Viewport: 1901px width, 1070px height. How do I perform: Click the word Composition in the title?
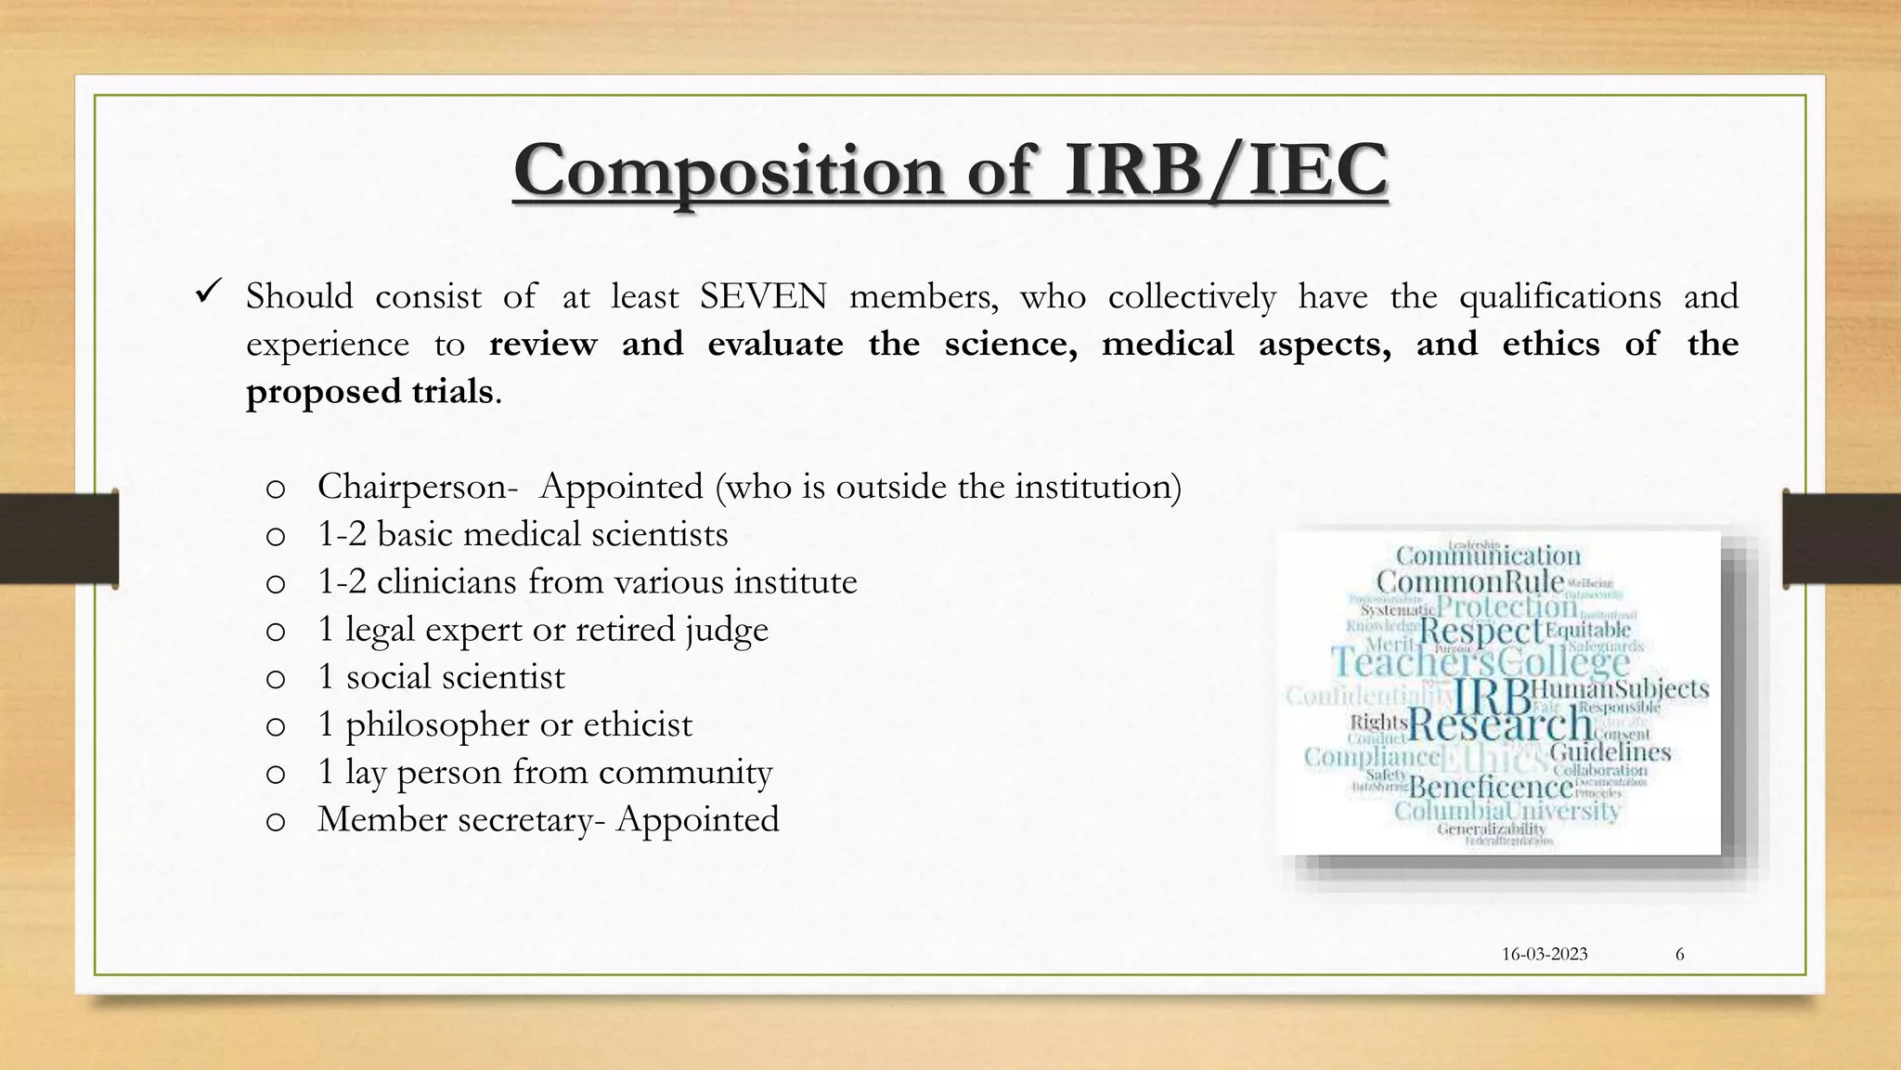pos(729,172)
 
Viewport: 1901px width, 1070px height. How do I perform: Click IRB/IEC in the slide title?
pos(1225,170)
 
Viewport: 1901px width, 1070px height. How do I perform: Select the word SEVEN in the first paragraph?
pos(763,297)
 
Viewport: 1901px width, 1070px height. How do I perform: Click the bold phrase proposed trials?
pos(369,392)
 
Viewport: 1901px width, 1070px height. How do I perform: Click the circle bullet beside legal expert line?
pos(275,632)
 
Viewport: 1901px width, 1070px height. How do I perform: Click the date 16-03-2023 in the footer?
pos(1545,954)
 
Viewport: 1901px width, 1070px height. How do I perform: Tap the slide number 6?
pos(1679,954)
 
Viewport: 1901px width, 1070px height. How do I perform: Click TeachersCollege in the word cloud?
pos(1480,662)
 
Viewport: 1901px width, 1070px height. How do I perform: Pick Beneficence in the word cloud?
pos(1491,788)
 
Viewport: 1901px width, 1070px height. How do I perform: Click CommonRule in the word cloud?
pos(1469,582)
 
